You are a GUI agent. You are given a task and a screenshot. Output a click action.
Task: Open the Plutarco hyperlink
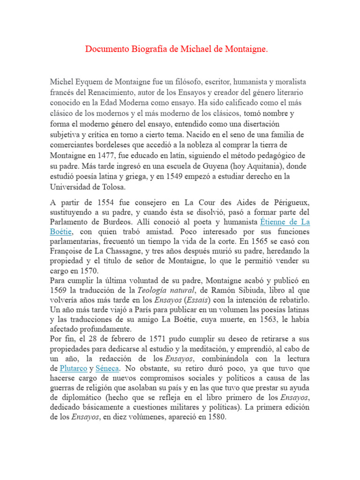tap(73, 368)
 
